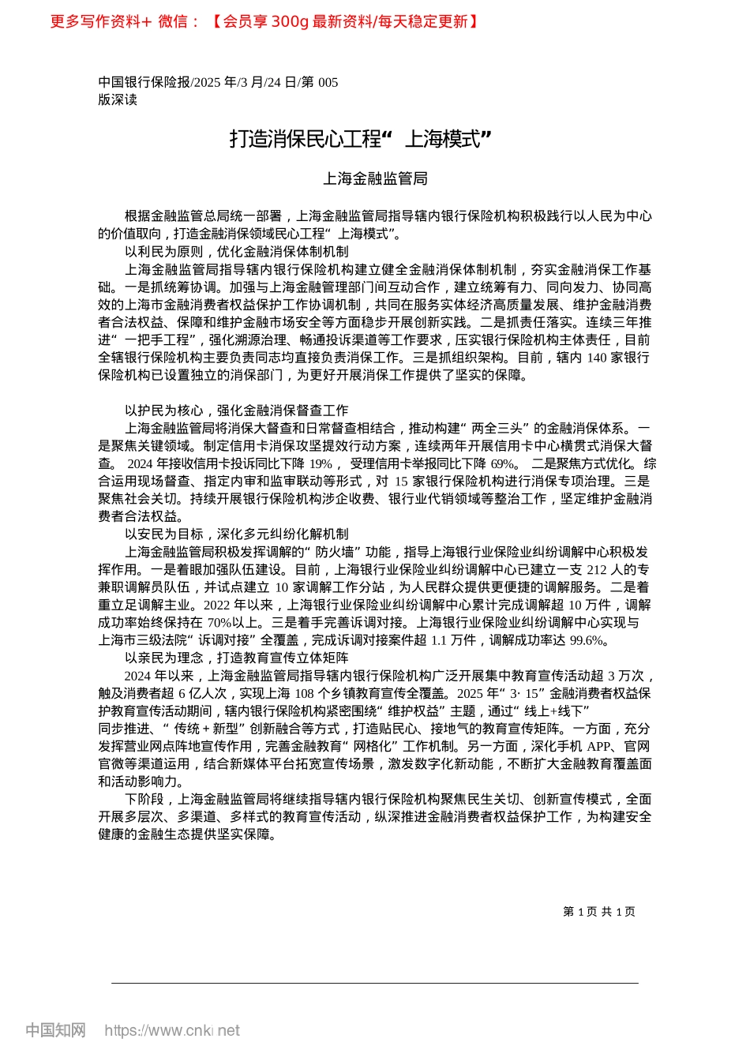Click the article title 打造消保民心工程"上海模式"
361,140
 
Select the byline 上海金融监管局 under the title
375,179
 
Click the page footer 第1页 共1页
599,912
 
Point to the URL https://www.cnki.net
172,1030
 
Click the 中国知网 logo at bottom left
55,1030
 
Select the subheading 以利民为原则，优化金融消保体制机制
236,252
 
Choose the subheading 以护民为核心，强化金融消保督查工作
236,411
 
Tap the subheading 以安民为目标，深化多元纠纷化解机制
236,534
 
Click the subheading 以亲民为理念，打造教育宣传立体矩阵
236,658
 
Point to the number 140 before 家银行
597,358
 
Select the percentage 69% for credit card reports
503,464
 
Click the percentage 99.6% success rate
587,640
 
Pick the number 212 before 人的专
597,570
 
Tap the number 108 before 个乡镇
304,694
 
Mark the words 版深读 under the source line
118,99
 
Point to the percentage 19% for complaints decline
321,464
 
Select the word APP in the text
599,747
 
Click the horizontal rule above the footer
375,983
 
